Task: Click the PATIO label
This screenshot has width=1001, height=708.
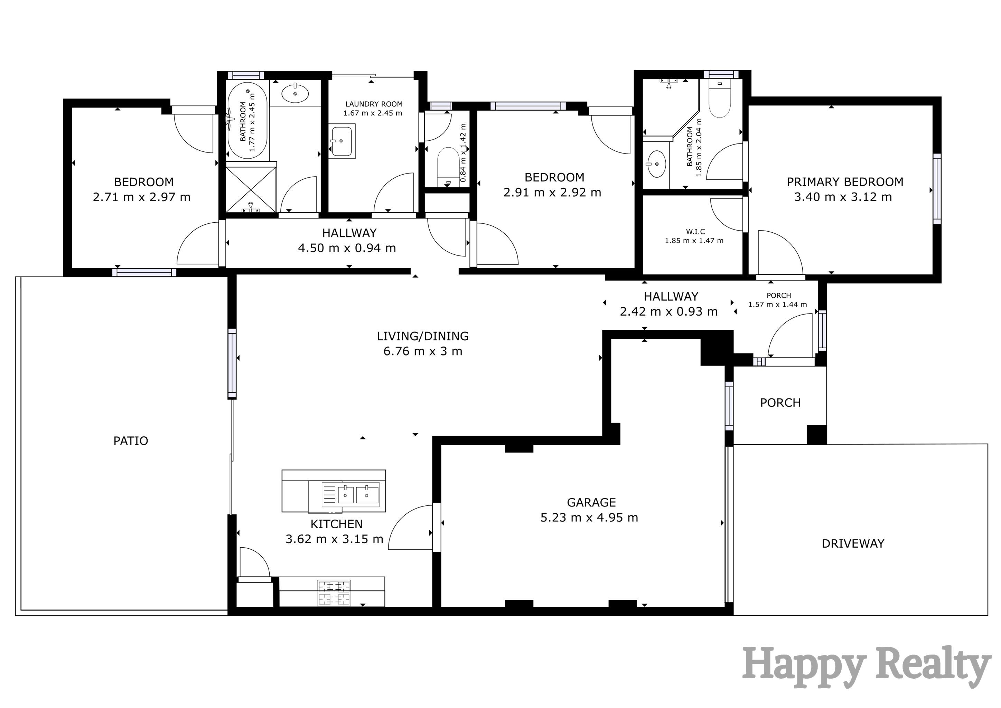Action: (x=130, y=441)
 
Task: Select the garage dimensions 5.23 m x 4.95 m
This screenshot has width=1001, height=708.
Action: (x=589, y=518)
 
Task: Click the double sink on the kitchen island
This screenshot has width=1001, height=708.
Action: (x=350, y=495)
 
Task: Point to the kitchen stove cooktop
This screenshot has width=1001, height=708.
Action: (x=334, y=593)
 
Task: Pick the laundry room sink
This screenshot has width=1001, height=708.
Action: (x=342, y=141)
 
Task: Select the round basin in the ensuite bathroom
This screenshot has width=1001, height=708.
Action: (x=657, y=164)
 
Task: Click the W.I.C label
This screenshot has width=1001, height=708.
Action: (x=695, y=232)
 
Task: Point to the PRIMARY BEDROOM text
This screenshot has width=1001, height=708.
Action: (x=844, y=182)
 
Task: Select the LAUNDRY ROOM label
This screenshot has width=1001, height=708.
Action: (x=374, y=104)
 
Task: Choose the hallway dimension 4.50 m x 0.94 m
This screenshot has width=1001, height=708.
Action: (x=347, y=248)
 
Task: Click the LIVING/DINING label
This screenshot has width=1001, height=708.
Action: (x=422, y=336)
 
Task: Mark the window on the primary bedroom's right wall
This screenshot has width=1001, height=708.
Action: (x=936, y=188)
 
